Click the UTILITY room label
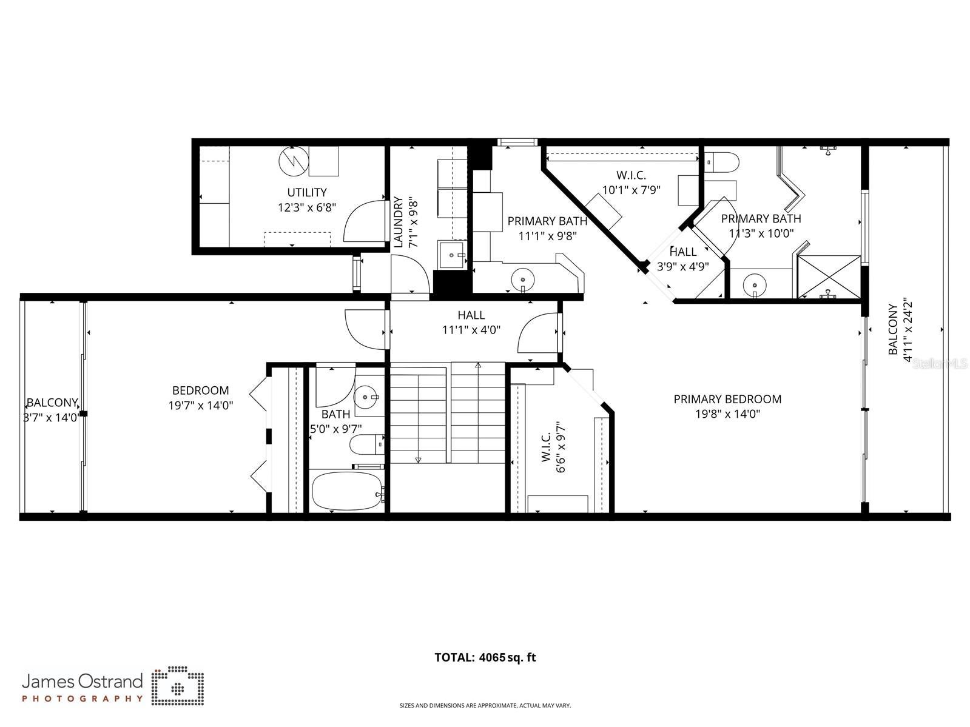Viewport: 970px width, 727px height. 307,193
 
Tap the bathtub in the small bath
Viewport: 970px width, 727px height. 346,491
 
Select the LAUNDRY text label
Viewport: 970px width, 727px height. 399,222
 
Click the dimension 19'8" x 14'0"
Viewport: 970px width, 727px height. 727,414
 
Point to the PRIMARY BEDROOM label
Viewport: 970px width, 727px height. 727,399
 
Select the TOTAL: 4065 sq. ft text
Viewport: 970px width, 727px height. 485,657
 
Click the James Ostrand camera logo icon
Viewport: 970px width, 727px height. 177,687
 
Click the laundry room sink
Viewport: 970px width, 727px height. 453,255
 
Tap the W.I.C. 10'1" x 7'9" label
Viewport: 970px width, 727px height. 631,183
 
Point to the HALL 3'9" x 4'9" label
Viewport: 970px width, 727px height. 683,259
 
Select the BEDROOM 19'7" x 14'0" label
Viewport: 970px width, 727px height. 200,398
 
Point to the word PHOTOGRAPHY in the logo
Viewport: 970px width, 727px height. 83,699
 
